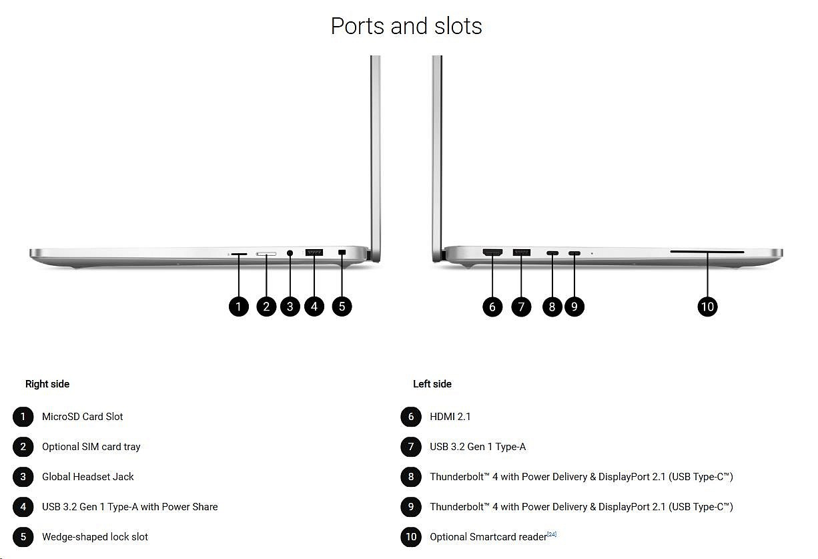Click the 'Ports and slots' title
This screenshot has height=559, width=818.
(x=406, y=26)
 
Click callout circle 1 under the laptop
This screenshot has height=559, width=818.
(x=238, y=307)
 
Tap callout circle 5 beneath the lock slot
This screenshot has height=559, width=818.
(x=342, y=307)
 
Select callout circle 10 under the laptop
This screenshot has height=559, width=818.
(x=707, y=307)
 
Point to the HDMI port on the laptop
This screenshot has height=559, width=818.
(x=492, y=252)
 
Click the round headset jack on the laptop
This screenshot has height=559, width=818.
(x=290, y=253)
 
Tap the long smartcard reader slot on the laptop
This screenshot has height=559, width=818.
(x=707, y=252)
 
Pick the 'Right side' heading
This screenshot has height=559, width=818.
(x=47, y=384)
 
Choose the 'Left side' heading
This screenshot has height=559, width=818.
(x=432, y=384)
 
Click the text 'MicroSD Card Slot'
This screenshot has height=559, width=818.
(x=83, y=417)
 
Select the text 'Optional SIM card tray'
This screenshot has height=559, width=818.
(x=91, y=447)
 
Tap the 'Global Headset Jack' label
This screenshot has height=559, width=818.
(x=88, y=477)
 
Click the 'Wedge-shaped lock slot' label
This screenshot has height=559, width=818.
(x=95, y=537)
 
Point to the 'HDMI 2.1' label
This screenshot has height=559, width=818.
(x=450, y=417)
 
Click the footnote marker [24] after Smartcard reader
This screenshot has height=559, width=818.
(x=552, y=534)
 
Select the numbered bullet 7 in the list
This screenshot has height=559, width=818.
(x=411, y=447)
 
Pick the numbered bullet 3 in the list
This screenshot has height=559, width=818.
(x=23, y=477)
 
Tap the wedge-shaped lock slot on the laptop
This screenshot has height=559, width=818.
(x=342, y=252)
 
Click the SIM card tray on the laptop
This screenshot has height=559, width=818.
(x=266, y=254)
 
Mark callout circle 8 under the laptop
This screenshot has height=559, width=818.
(x=552, y=307)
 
